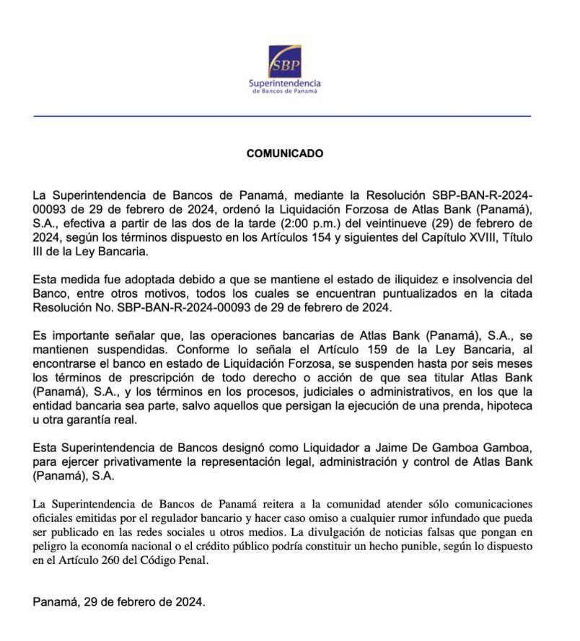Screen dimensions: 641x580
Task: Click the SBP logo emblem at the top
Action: [x=285, y=61]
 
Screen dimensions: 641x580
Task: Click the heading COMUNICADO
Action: [x=285, y=154]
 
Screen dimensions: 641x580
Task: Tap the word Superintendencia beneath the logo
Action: [x=285, y=84]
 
